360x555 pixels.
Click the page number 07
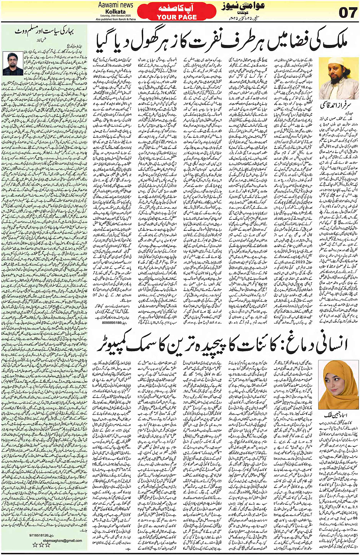pyautogui.click(x=347, y=12)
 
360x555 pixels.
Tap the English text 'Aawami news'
pyautogui.click(x=116, y=5)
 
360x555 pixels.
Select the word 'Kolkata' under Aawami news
pyautogui.click(x=115, y=11)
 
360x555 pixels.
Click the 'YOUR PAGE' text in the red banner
pyautogui.click(x=177, y=17)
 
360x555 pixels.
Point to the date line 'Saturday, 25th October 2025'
pyautogui.click(x=116, y=16)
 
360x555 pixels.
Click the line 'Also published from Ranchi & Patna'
pyautogui.click(x=116, y=19)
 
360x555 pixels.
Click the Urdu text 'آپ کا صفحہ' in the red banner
pyautogui.click(x=177, y=8)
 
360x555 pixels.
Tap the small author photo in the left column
pyautogui.click(x=13, y=63)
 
